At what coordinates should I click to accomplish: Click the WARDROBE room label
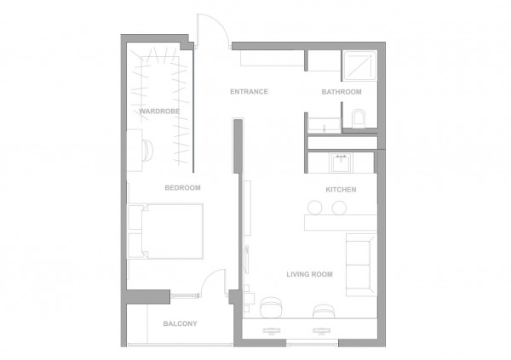tap(159, 111)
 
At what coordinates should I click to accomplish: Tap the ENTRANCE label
tap(249, 92)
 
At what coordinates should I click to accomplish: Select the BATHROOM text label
tap(342, 92)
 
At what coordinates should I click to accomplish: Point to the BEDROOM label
tap(182, 187)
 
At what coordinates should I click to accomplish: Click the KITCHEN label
tap(341, 190)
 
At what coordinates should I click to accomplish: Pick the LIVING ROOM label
tap(310, 274)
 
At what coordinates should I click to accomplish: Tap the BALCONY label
tap(181, 324)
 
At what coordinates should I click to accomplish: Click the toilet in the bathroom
tap(359, 118)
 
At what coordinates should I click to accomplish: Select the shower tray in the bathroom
tap(359, 66)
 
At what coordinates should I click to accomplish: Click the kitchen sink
tap(342, 163)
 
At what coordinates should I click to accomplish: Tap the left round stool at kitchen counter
tap(315, 208)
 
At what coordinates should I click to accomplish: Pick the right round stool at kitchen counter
tap(339, 208)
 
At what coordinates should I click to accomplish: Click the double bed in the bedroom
tap(166, 231)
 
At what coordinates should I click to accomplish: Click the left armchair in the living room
tap(271, 307)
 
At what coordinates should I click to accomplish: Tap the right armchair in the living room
tap(324, 311)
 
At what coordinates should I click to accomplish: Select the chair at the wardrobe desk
tap(147, 151)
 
